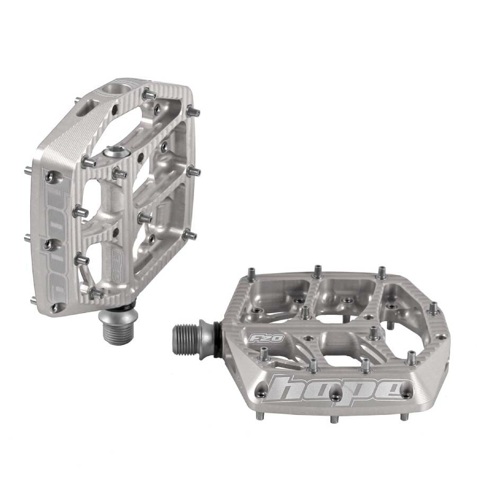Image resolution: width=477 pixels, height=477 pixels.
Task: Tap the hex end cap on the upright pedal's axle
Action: coord(116,153)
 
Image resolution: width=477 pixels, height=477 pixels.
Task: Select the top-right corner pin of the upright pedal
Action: coord(194,112)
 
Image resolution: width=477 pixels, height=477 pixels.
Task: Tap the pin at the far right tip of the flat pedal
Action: coord(433,308)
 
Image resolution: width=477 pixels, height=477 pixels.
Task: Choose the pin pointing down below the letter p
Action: coord(334,419)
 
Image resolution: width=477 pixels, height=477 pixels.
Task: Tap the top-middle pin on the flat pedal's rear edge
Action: coord(317,271)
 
